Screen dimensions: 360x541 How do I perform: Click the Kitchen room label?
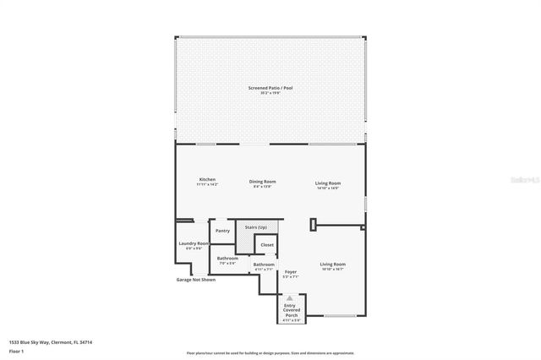click(x=207, y=181)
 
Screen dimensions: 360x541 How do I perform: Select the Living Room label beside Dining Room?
click(x=328, y=184)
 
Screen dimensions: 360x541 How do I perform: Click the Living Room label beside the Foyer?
click(x=332, y=265)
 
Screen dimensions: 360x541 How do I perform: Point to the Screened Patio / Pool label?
click(x=270, y=89)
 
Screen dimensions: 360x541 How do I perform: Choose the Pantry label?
click(x=222, y=231)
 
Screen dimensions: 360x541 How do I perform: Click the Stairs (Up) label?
click(x=255, y=227)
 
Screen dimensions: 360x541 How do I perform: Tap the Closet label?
click(x=266, y=244)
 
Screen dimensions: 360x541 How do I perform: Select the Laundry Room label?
click(x=194, y=245)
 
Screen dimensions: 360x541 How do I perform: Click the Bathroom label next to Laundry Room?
click(x=227, y=259)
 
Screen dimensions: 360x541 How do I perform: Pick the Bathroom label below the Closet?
click(x=264, y=265)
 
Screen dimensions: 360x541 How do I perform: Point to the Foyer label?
click(x=291, y=273)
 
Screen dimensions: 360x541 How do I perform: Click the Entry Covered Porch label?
click(x=291, y=310)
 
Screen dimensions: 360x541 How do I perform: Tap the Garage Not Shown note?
click(x=195, y=280)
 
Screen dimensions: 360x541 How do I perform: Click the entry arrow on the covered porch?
click(x=290, y=297)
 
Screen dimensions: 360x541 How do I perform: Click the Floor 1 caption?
click(x=16, y=350)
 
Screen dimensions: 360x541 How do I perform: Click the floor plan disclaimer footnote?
click(x=270, y=353)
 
